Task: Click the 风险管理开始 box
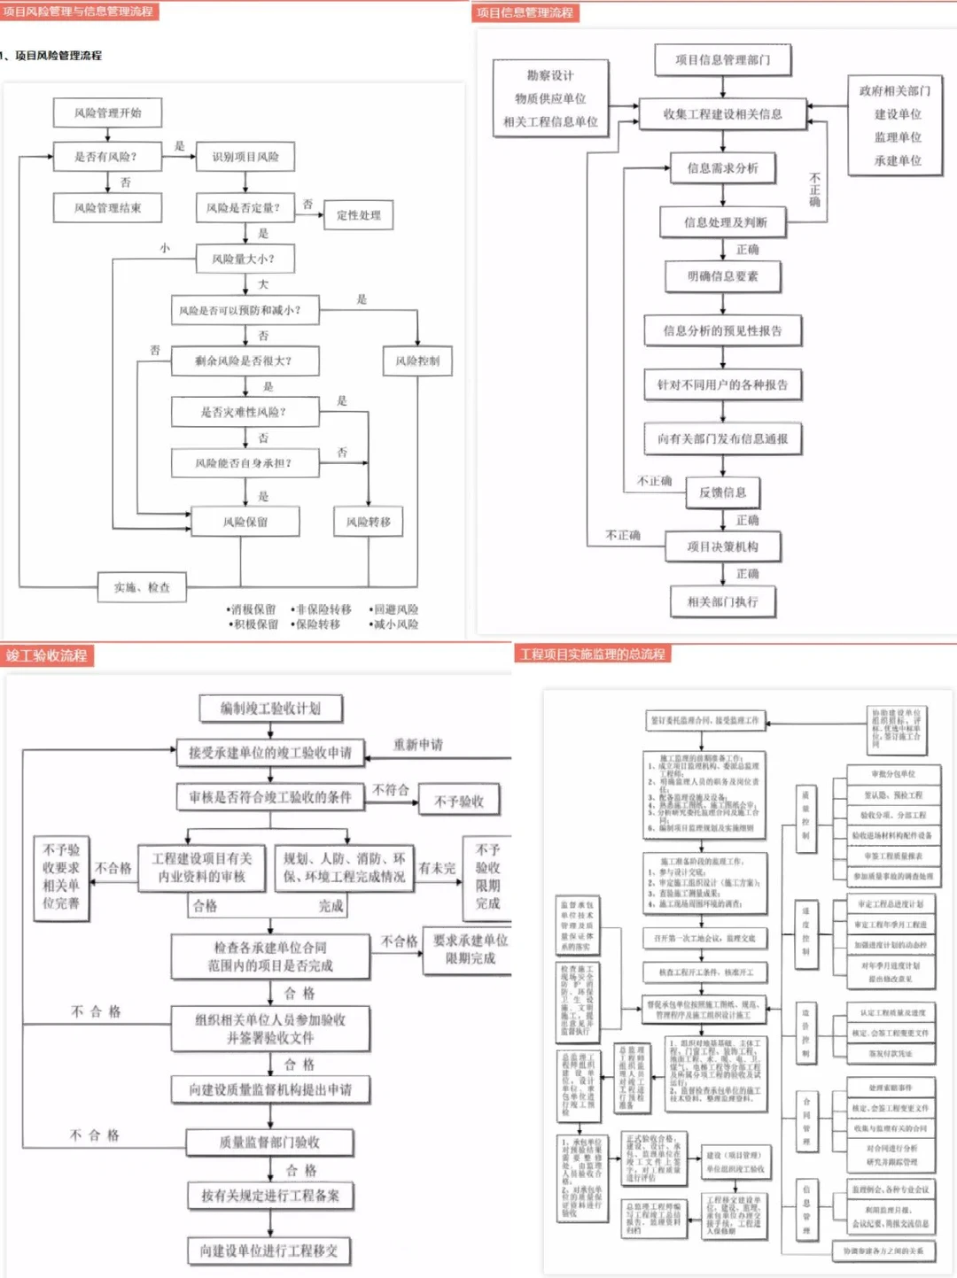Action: [x=107, y=112]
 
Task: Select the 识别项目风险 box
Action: [x=245, y=157]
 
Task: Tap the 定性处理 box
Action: [x=358, y=214]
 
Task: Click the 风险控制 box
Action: [x=417, y=360]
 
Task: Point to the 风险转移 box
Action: [x=368, y=522]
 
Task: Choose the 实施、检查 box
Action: [x=142, y=587]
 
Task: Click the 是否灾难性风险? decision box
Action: [x=245, y=412]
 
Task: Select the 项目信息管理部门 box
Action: [x=722, y=60]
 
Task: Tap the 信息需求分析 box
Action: [x=722, y=167]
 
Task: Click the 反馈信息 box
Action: [x=722, y=492]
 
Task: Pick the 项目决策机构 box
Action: [x=722, y=546]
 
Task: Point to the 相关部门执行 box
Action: [x=722, y=601]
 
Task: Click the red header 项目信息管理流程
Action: [x=525, y=12]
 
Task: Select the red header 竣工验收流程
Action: [x=47, y=655]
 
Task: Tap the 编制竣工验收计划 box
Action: [x=270, y=709]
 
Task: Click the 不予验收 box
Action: [x=459, y=801]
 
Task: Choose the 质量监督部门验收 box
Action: [x=269, y=1142]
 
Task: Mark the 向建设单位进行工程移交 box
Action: [x=268, y=1251]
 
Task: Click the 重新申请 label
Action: [x=418, y=745]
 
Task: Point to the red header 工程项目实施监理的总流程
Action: [x=592, y=654]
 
